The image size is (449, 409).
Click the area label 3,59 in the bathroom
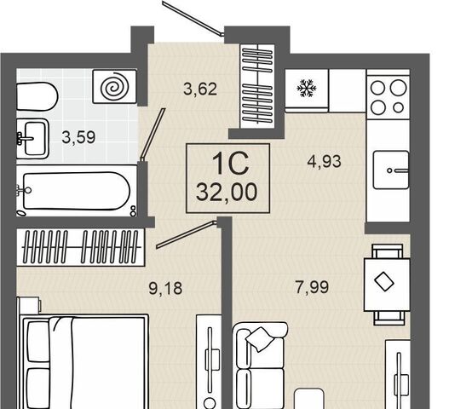pos(78,138)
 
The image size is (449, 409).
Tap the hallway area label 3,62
pos(200,89)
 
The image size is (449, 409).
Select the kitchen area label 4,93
pos(324,161)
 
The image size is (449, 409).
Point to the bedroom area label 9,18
pos(165,288)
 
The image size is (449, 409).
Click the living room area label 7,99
pos(312,287)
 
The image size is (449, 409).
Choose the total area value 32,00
pos(227,193)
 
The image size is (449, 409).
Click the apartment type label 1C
pos(231,164)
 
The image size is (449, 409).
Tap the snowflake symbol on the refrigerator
pos(307,88)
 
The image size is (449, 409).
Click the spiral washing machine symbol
pos(114,86)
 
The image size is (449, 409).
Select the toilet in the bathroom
pos(37,97)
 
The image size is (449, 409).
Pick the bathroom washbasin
pos(32,139)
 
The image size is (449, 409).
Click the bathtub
pos(76,191)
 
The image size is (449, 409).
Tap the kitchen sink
pos(391,170)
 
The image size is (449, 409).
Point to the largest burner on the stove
pos(399,88)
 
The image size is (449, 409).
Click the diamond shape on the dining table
pos(384,282)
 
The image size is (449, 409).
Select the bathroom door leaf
pos(153,135)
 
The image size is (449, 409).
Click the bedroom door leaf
pos(186,234)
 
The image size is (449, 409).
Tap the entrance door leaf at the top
pos(193,18)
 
